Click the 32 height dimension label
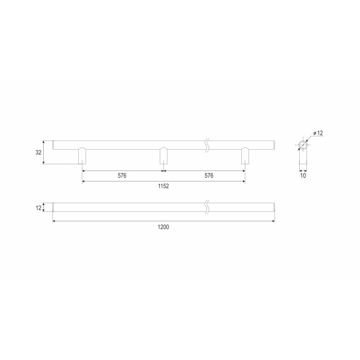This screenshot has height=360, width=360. click(x=38, y=152)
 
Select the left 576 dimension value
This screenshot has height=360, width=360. click(x=122, y=175)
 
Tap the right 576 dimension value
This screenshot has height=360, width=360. click(x=209, y=175)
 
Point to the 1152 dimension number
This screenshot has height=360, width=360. click(x=163, y=186)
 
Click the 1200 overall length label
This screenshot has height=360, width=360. click(x=163, y=227)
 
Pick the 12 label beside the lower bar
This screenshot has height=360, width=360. click(x=38, y=207)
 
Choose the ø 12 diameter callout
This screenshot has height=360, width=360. click(x=318, y=133)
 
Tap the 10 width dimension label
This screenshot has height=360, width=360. click(x=303, y=175)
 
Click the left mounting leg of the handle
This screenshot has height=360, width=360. click(x=82, y=156)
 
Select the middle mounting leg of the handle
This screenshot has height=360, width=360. click(x=163, y=156)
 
